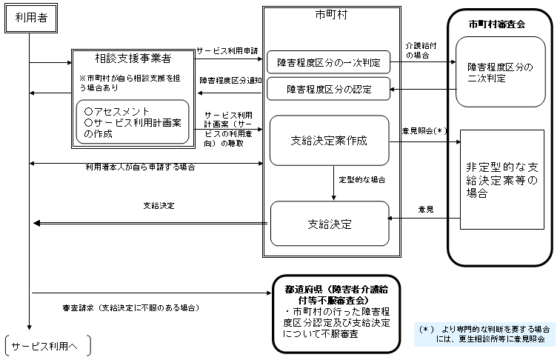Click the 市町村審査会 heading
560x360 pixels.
tap(497, 24)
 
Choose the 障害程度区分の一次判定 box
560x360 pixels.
tap(328, 63)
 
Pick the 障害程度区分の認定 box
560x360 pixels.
tap(328, 90)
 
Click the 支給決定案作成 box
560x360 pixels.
tap(329, 140)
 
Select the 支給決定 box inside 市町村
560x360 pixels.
tap(330, 223)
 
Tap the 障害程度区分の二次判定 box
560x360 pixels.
tap(500, 73)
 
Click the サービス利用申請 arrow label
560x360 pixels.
tap(227, 51)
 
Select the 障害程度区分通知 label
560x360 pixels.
tap(230, 80)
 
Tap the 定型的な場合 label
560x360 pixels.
tap(361, 180)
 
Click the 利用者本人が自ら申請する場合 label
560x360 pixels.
tap(139, 167)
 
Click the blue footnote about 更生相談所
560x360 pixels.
tap(485, 333)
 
